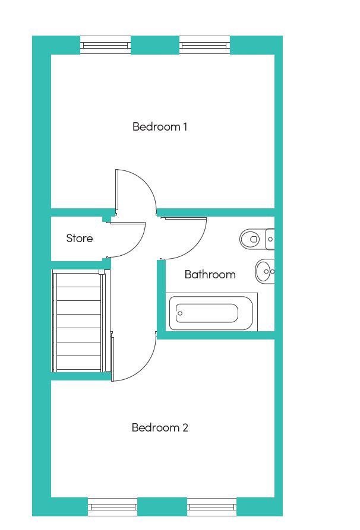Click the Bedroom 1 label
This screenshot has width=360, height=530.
pos(160,127)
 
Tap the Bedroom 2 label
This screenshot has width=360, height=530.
pos(160,427)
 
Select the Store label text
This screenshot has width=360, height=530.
pos(80,239)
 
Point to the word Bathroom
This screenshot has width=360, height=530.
pos(210,274)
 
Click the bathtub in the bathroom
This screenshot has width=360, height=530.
pos(211,313)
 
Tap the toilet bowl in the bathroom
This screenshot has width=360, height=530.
pos(250,239)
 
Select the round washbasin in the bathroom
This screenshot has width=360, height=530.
pos(265,271)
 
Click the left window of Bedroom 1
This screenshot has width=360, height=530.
pos(105,45)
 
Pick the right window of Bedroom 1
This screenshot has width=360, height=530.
pos(205,45)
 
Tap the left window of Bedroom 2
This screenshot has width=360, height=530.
pos(113,507)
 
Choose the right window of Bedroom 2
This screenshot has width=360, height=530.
pos(212,507)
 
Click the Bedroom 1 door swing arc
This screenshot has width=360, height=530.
pos(148,183)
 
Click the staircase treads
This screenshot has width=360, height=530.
pos(78,321)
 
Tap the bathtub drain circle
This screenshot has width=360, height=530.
pos(180,313)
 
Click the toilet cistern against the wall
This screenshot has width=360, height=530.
pos(270,239)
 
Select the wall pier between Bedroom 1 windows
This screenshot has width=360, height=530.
pos(155,45)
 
